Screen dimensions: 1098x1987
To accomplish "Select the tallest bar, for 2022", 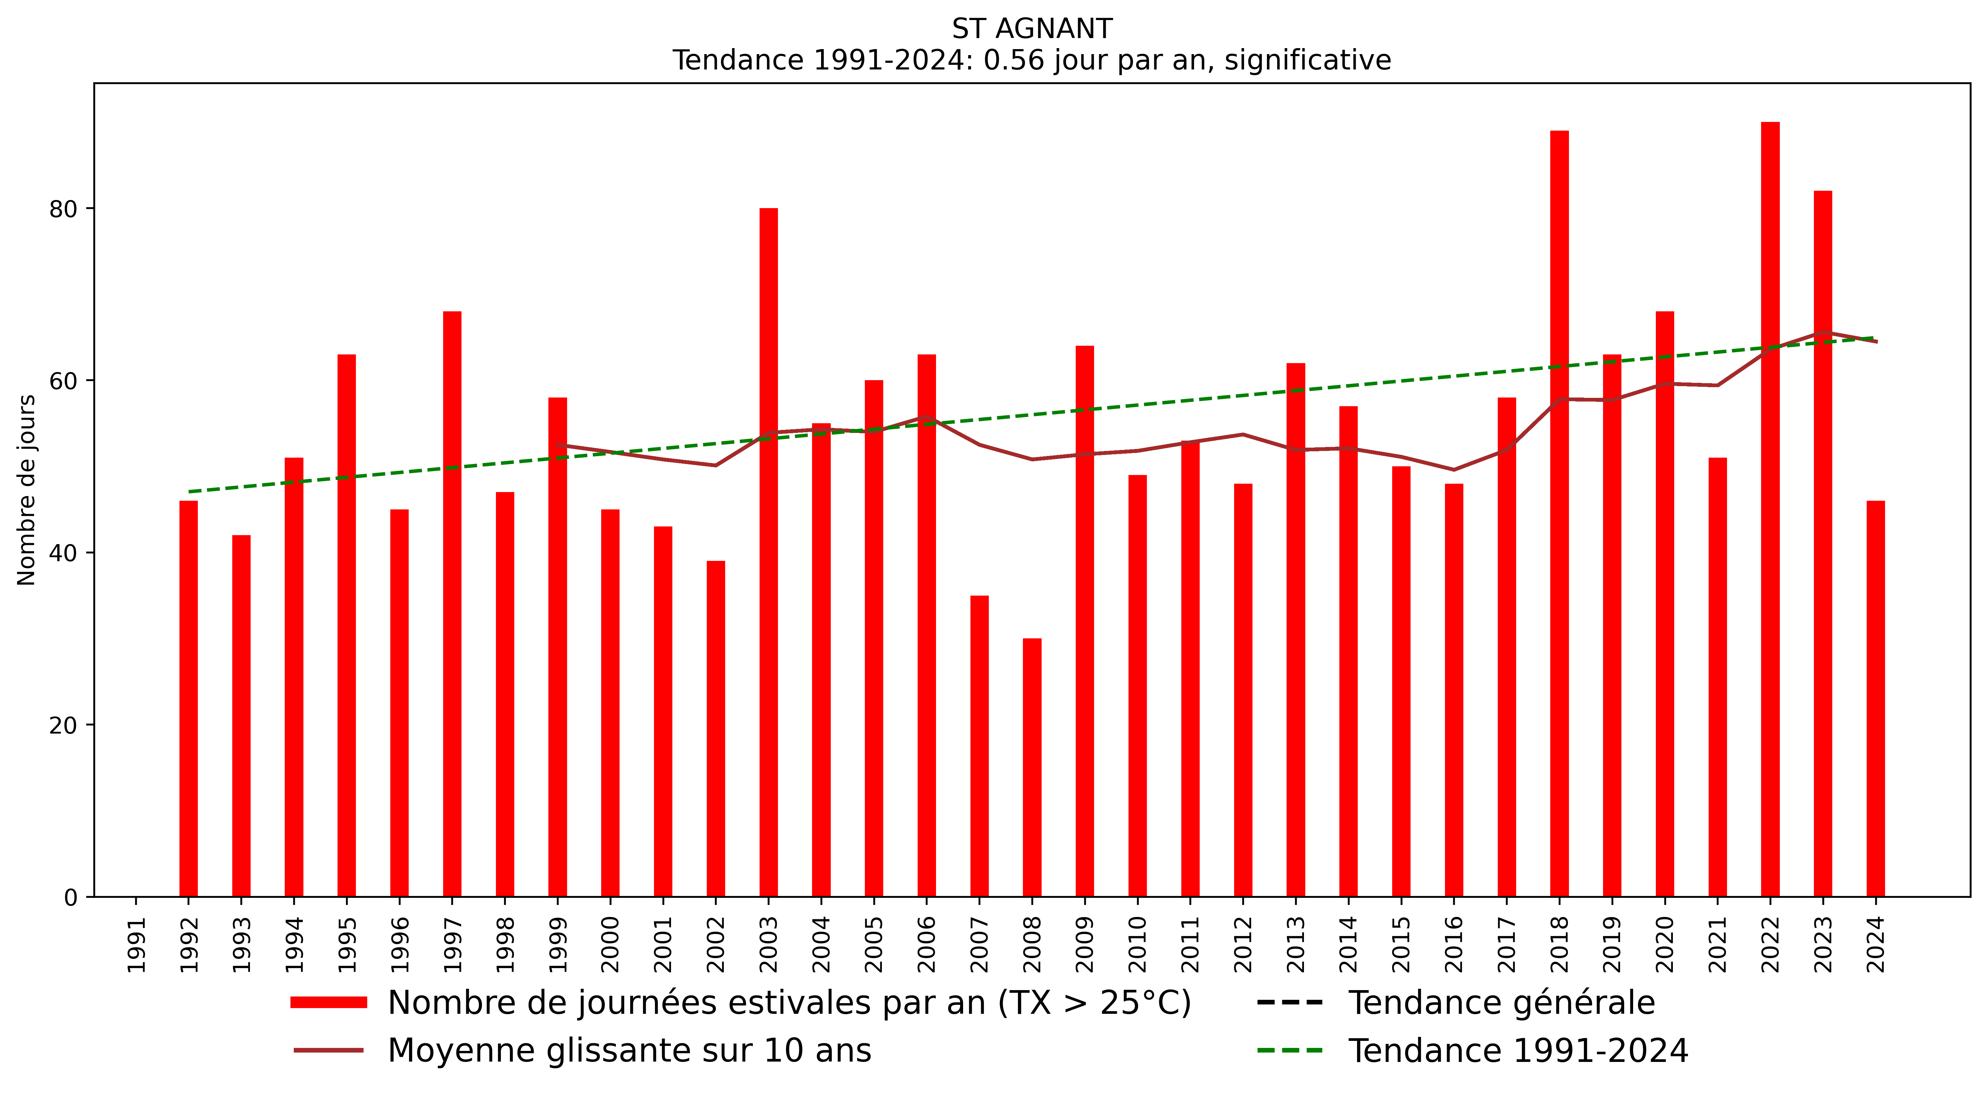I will [x=1770, y=509].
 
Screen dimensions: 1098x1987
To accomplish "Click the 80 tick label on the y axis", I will [x=63, y=209].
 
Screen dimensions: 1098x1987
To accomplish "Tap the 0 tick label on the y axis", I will [x=71, y=898].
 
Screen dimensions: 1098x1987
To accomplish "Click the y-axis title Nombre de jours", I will [x=27, y=490].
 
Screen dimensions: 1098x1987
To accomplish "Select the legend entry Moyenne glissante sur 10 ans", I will [x=629, y=1050].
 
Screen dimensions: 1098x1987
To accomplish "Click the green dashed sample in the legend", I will [x=1290, y=1050].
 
